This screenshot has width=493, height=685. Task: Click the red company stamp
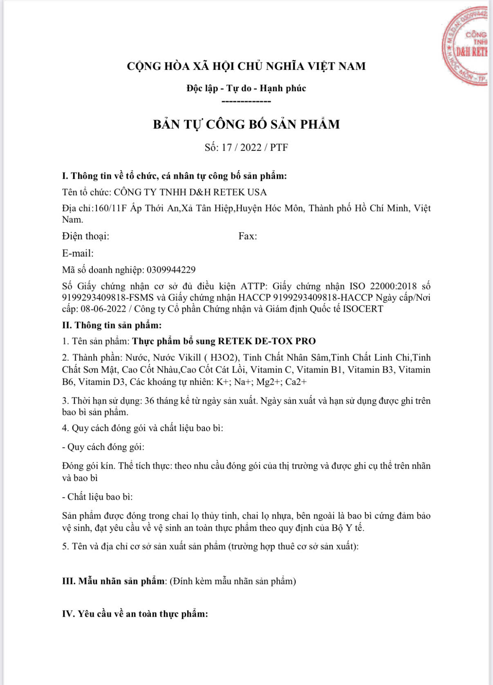point(466,47)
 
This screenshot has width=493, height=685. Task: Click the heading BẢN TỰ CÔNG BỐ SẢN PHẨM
point(246,124)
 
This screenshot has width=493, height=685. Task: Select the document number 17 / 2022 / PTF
point(255,148)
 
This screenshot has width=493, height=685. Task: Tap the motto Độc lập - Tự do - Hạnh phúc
point(246,88)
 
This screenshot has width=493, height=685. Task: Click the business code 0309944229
point(171,270)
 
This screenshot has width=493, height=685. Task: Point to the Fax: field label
point(248,236)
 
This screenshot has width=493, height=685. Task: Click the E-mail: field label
point(78,253)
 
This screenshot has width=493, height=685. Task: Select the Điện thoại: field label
point(85,236)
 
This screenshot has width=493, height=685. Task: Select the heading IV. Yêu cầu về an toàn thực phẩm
point(135,614)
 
